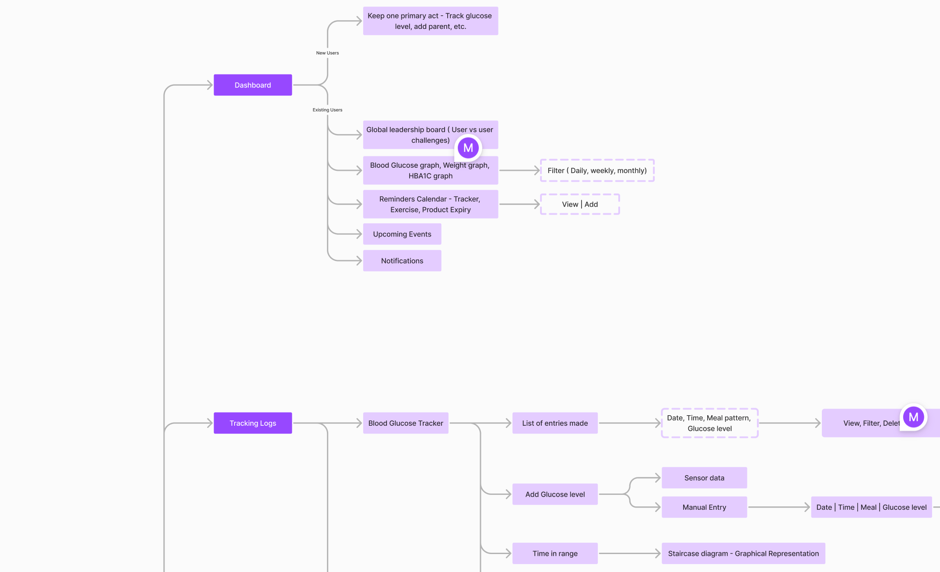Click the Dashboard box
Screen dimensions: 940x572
click(253, 85)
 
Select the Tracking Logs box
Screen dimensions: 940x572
click(253, 423)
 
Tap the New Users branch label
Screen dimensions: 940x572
click(327, 53)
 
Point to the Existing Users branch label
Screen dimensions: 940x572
click(327, 110)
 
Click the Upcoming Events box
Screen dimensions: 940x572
click(402, 234)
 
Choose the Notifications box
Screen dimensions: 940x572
click(402, 261)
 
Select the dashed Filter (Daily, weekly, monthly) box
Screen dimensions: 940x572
click(597, 170)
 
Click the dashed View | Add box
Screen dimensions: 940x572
click(580, 204)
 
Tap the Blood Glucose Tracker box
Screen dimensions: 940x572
click(406, 423)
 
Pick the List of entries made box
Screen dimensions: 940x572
click(555, 423)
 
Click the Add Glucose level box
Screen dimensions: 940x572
click(555, 494)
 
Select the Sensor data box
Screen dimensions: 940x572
click(704, 478)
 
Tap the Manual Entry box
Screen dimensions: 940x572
click(704, 507)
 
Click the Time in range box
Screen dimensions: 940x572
click(555, 554)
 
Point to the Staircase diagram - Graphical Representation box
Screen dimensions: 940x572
click(744, 554)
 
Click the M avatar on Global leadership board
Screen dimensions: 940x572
click(468, 148)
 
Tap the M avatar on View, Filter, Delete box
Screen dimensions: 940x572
click(913, 417)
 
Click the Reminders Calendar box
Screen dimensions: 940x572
click(431, 204)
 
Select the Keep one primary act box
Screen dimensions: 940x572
click(431, 21)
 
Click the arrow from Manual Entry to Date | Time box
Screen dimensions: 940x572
click(779, 507)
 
